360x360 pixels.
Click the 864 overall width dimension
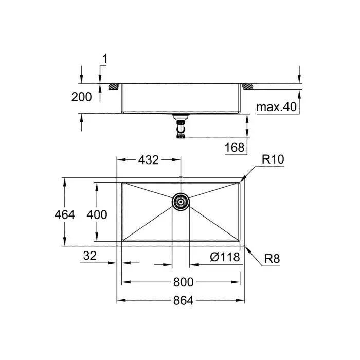pos(180,301)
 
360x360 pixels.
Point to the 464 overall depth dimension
pos(65,214)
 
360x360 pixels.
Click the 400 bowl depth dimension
pos(97,214)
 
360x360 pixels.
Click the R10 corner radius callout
pos(273,160)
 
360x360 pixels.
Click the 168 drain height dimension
pos(235,148)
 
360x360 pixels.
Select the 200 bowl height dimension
pos(82,97)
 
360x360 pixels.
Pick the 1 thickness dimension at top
pos(104,60)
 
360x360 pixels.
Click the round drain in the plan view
pos(181,202)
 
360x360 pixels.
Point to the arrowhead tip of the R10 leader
pos(240,181)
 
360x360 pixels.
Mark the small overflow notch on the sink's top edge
pos(181,179)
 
